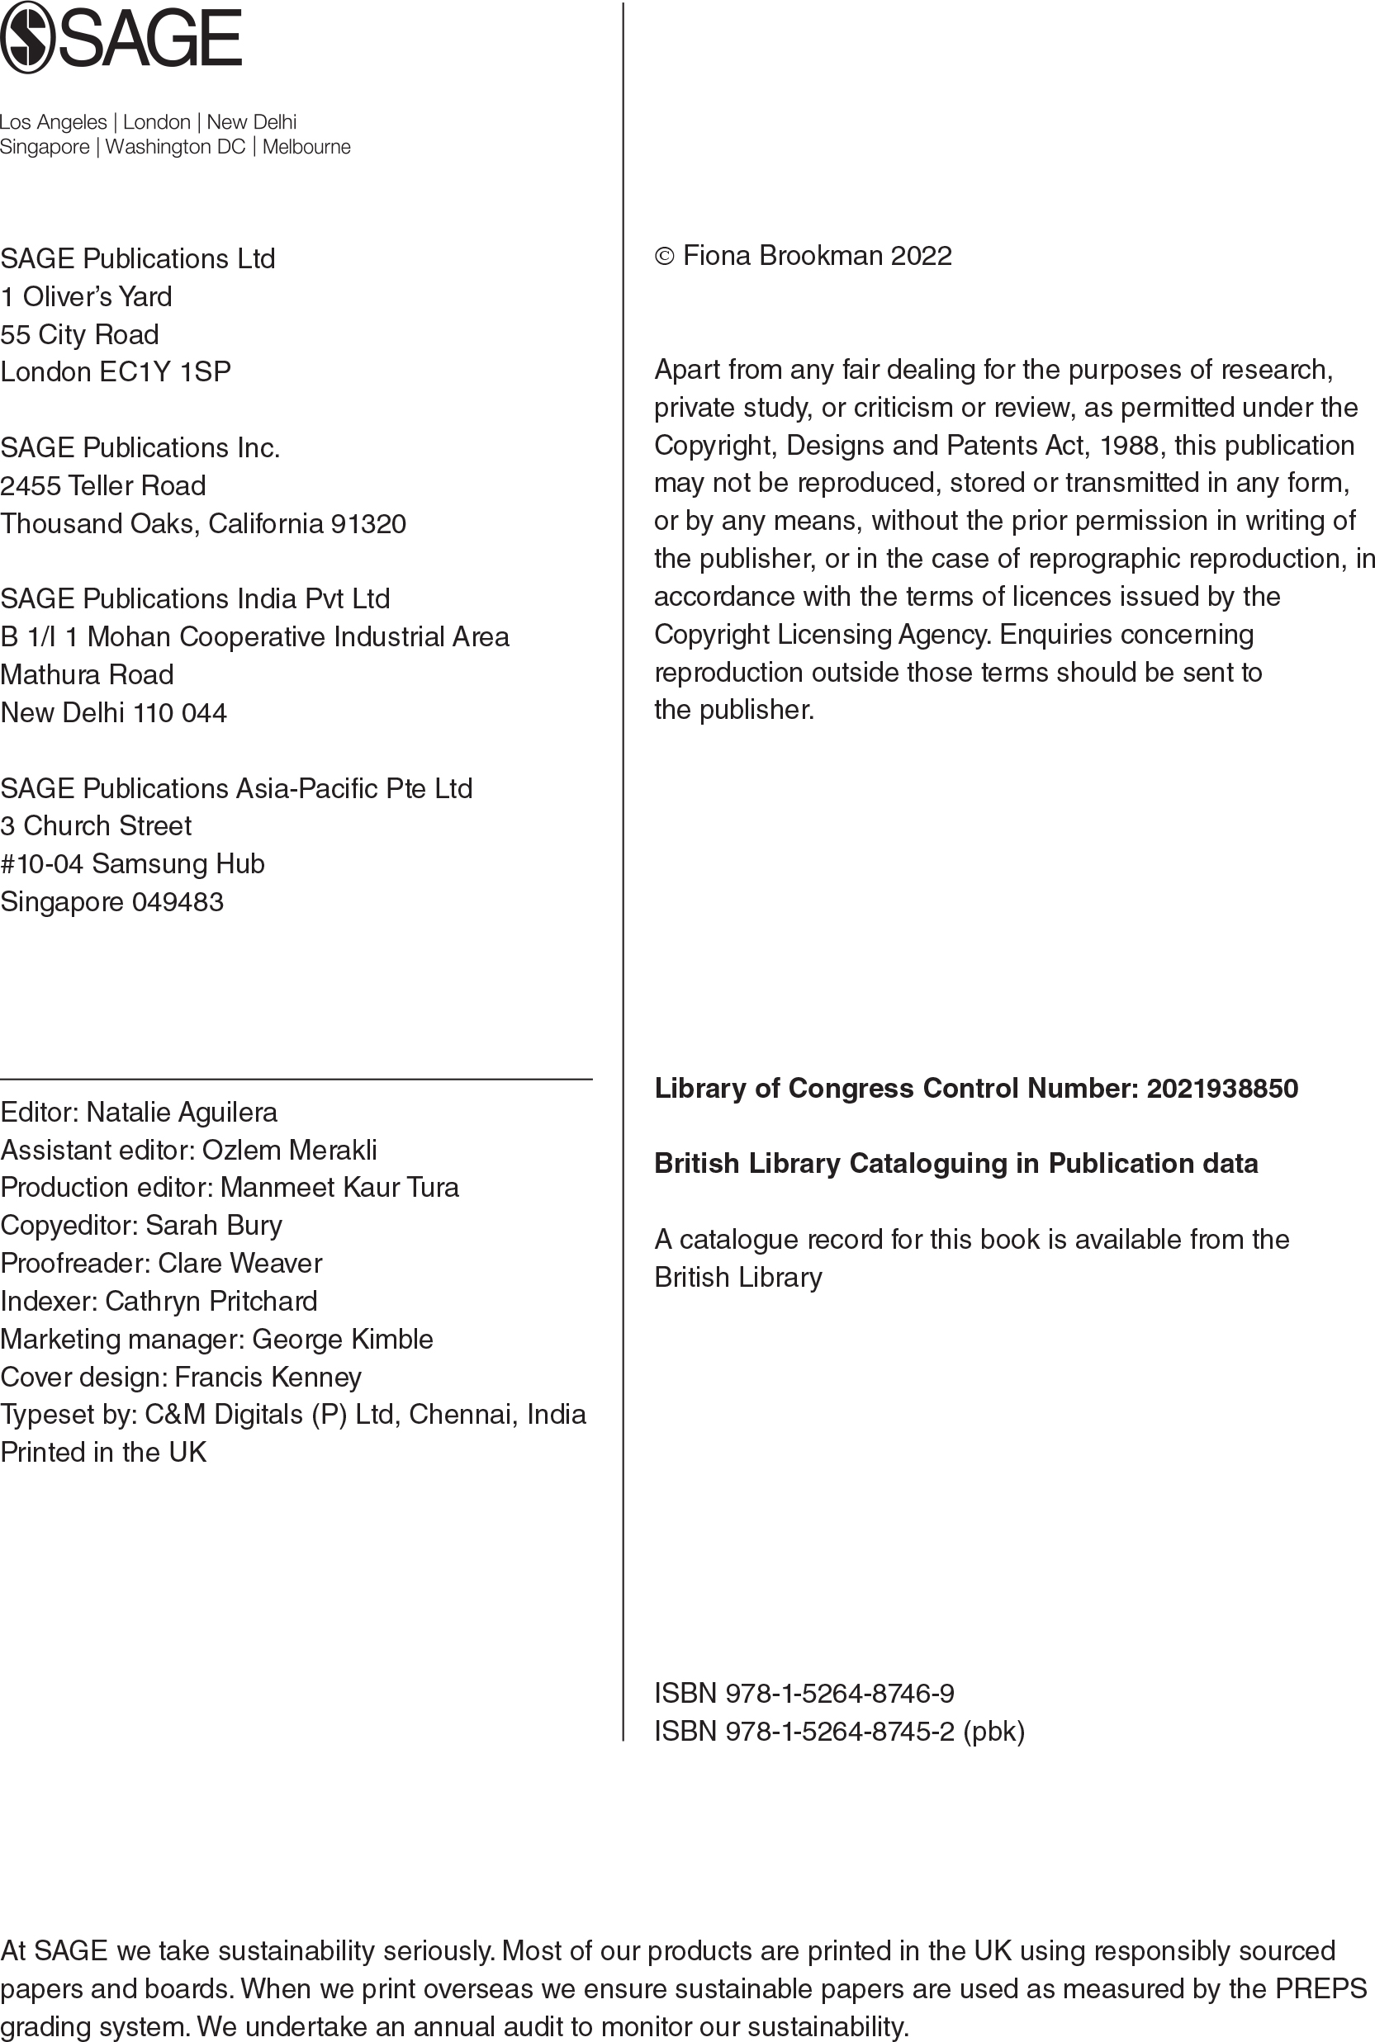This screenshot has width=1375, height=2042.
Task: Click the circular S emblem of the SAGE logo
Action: click(x=27, y=38)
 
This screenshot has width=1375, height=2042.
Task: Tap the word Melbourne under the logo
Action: click(x=306, y=147)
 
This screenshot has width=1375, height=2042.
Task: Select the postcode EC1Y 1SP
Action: click(x=165, y=372)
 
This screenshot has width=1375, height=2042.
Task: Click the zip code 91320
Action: click(x=368, y=524)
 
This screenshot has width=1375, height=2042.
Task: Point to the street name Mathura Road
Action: click(x=87, y=675)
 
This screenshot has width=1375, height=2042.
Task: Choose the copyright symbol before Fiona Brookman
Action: click(x=665, y=256)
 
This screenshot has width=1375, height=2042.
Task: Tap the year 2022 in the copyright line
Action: click(x=921, y=256)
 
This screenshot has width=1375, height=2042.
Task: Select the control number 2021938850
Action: click(x=1221, y=1089)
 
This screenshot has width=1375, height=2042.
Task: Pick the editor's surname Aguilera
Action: click(x=226, y=1112)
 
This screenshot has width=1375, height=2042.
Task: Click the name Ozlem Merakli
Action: click(x=289, y=1150)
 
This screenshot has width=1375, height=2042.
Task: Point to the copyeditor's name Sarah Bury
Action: click(x=213, y=1225)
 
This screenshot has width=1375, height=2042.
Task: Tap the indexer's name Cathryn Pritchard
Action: click(x=211, y=1302)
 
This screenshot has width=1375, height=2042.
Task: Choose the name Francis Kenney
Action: click(x=268, y=1378)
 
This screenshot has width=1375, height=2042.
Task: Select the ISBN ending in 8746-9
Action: click(x=839, y=1693)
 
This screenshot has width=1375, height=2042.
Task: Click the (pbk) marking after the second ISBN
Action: click(x=993, y=1731)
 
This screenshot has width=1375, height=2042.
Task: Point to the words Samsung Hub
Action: click(x=177, y=864)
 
